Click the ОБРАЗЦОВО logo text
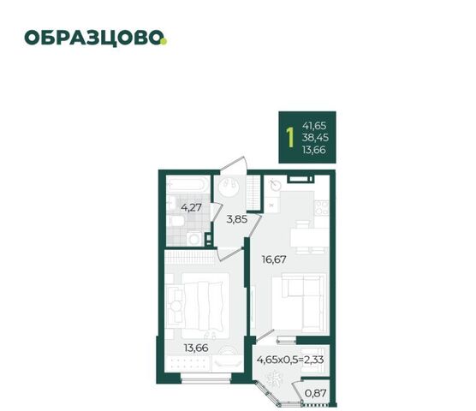(x=95, y=39)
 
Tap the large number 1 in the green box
(x=290, y=137)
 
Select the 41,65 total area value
(x=314, y=125)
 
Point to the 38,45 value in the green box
(x=315, y=138)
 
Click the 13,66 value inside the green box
(x=314, y=150)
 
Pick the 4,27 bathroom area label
(x=191, y=207)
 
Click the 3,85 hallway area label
(x=237, y=219)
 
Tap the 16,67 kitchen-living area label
(x=274, y=259)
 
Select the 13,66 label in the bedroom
(x=196, y=348)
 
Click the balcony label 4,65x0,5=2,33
(x=290, y=360)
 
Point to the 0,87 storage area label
(x=315, y=393)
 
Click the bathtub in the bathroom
(x=187, y=183)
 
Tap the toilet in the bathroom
(x=176, y=220)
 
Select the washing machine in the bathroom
(x=194, y=239)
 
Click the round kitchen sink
(x=276, y=185)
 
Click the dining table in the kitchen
(x=310, y=237)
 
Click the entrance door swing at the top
(x=234, y=164)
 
